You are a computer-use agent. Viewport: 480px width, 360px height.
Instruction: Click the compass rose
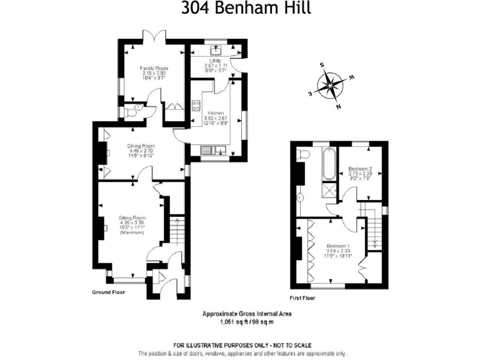tap(331, 85)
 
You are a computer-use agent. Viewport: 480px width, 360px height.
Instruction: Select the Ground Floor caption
tap(109, 292)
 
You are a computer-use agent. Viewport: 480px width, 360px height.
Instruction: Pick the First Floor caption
tap(303, 298)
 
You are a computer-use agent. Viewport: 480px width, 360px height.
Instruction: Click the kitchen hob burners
tap(196, 106)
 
